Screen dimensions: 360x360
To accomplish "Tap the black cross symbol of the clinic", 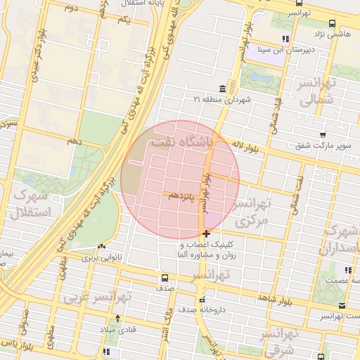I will [x=205, y=233].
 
